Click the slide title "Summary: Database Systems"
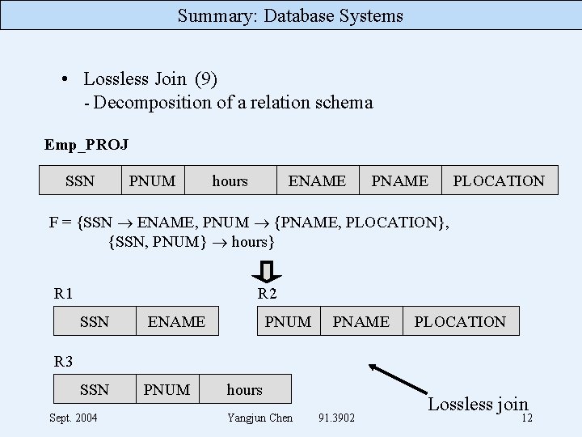point(290,15)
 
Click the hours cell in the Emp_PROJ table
point(230,180)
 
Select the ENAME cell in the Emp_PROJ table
point(317,180)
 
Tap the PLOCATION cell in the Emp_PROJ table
point(499,180)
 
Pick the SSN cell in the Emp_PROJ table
point(80,180)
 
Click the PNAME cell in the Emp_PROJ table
point(399,180)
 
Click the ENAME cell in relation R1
point(176,321)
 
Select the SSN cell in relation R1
point(95,321)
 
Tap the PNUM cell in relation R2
point(288,321)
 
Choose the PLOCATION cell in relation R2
point(460,321)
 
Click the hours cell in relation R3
point(244,389)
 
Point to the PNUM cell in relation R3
point(167,389)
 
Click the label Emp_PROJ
point(86,145)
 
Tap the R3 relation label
point(63,360)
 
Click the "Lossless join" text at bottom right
point(478,404)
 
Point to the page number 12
point(526,418)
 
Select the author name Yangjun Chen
point(259,418)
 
